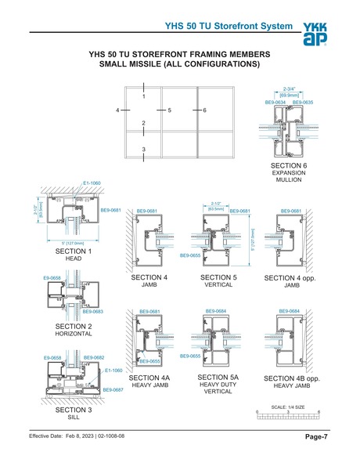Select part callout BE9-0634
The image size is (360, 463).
tap(275, 103)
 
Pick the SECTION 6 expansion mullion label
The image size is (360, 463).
tap(289, 172)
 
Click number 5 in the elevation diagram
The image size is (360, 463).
tap(169, 111)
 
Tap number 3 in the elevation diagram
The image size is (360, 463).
tap(143, 149)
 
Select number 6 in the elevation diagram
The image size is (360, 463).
tap(203, 111)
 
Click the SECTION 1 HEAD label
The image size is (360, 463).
tap(74, 255)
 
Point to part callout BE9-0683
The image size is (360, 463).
tap(94, 311)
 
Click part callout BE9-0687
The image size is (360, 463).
tap(113, 389)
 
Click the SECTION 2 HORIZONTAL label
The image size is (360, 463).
tap(74, 328)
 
